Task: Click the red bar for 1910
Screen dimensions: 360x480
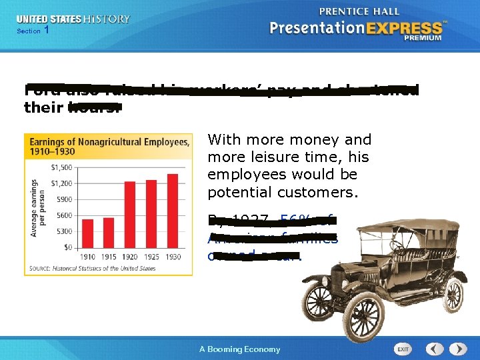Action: (x=88, y=233)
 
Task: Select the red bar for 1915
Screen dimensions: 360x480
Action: (x=109, y=233)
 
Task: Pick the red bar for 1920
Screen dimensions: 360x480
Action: (x=130, y=214)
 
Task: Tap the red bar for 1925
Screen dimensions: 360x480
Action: (x=151, y=213)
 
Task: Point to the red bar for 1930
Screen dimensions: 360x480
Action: (x=173, y=210)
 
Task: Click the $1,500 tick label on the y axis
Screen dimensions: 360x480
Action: (x=61, y=167)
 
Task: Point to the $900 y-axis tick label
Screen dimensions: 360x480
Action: (x=64, y=199)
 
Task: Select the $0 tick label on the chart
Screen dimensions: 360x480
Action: (x=67, y=247)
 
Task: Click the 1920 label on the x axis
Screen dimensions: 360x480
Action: (x=130, y=257)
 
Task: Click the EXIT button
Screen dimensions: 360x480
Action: (x=403, y=349)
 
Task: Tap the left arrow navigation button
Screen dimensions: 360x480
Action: (x=435, y=349)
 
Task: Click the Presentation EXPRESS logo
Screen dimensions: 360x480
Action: (x=357, y=27)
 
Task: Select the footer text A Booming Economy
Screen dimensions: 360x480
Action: (x=240, y=349)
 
